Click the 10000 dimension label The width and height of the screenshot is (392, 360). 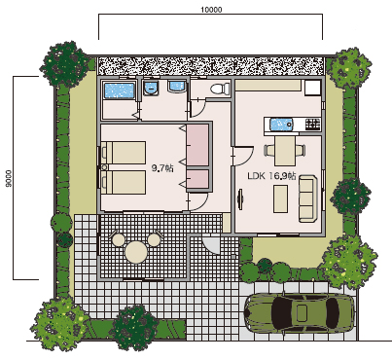tap(211, 10)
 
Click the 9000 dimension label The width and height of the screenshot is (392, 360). tap(9, 178)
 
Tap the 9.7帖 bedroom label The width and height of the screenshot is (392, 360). tap(162, 168)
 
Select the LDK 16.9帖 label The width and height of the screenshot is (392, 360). tap(271, 176)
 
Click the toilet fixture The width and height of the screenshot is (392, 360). tap(220, 89)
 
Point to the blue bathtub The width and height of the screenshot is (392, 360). tap(119, 90)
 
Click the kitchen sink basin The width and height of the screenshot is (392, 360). tap(281, 125)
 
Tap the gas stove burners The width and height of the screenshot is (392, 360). tap(313, 124)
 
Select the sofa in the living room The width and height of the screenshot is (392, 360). tap(307, 198)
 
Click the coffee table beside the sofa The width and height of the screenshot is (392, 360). tap(280, 198)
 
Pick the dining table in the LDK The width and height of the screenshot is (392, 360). tap(285, 151)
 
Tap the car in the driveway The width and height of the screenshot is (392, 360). tap(300, 312)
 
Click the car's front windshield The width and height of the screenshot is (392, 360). tap(280, 312)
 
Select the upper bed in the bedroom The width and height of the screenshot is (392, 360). tap(124, 153)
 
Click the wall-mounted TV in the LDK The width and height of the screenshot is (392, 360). tap(240, 198)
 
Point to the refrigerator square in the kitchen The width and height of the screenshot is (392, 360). tap(313, 88)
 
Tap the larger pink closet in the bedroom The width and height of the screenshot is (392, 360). tap(197, 146)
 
